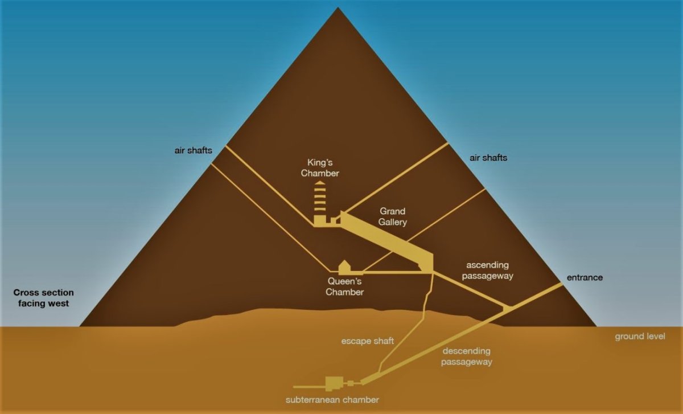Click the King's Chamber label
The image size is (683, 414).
click(x=320, y=168)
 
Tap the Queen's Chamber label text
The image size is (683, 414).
click(x=344, y=286)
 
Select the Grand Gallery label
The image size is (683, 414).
click(x=392, y=216)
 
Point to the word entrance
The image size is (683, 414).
click(x=585, y=278)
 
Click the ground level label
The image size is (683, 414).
click(x=640, y=336)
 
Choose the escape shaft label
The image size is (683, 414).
click(x=368, y=341)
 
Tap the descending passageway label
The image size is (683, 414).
click(x=467, y=356)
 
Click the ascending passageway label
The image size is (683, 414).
click(x=488, y=270)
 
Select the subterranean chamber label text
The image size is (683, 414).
click(x=332, y=400)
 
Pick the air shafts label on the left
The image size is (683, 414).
click(x=194, y=150)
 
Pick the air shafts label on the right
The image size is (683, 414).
click(x=488, y=158)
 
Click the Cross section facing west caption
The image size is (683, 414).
click(x=44, y=298)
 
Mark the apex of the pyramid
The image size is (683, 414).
click(x=338, y=7)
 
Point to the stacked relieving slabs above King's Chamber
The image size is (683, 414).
click(x=320, y=198)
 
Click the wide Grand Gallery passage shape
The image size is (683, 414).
click(x=386, y=241)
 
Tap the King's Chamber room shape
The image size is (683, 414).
click(x=319, y=220)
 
